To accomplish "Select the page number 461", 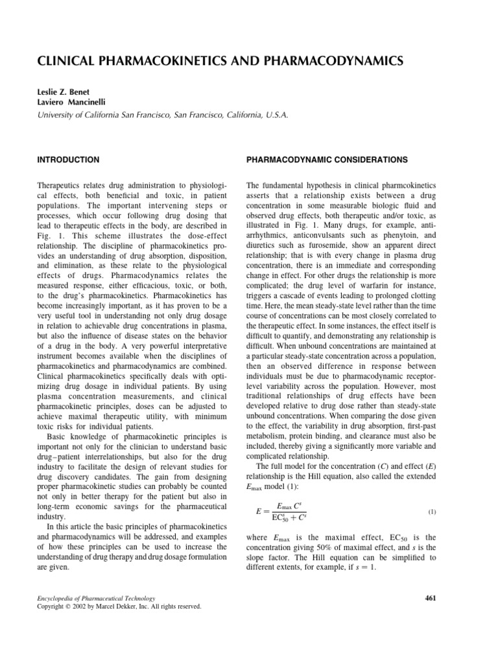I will pos(446,597).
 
